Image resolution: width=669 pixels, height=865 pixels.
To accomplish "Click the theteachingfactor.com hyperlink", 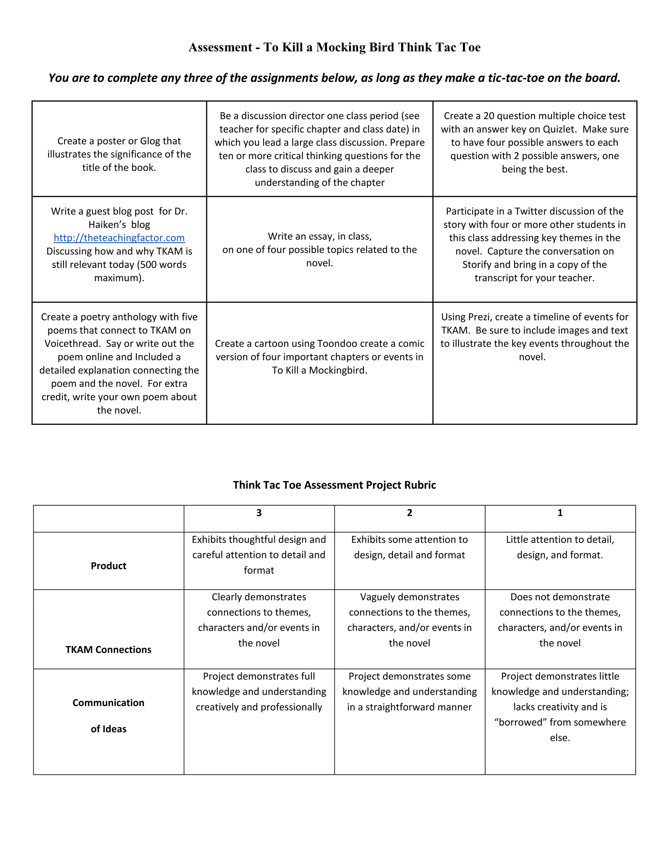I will point(119,238).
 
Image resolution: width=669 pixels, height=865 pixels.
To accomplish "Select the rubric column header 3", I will point(259,513).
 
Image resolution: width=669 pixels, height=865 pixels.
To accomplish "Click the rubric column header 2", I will point(409,513).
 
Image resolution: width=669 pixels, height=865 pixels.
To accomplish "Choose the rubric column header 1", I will point(560,513).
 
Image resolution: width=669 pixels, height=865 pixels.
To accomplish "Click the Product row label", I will point(108,566).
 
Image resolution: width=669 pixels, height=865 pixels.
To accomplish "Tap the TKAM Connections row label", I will point(108,650).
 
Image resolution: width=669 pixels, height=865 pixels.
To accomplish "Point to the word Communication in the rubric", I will point(108,703).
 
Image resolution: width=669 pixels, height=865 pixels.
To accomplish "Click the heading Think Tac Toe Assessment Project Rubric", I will point(334,485).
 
